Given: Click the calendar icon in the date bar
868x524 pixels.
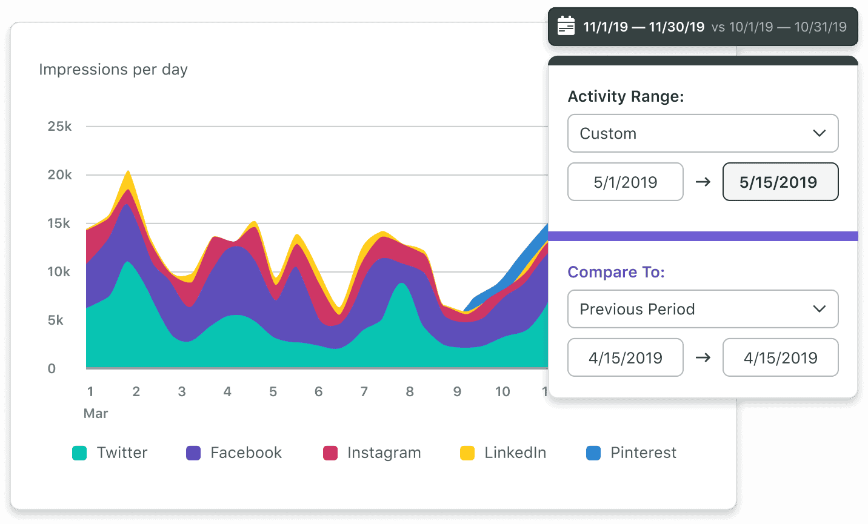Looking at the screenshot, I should (566, 26).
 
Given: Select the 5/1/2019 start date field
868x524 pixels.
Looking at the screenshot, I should (625, 182).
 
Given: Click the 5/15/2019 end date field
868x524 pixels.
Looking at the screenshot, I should (780, 182).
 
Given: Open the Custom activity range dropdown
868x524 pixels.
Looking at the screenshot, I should (703, 133).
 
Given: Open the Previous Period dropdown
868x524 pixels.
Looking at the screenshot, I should (703, 309).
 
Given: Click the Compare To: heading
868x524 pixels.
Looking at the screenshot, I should (616, 272).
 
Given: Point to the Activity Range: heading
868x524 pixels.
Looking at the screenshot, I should (626, 96).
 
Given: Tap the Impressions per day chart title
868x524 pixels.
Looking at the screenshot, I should (113, 70).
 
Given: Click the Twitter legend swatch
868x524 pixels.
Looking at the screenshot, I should (79, 453).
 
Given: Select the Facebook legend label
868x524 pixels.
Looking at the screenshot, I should (245, 453).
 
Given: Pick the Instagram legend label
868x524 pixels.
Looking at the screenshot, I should (384, 453).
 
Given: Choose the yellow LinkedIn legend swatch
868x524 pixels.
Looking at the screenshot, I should (467, 453).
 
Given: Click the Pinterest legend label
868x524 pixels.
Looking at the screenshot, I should (643, 453).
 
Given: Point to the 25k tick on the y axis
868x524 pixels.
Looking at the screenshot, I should (59, 127).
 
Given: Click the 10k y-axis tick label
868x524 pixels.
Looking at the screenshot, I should (59, 272).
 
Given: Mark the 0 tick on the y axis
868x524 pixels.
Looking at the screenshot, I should (52, 369).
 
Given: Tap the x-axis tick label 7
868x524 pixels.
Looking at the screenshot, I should (364, 392).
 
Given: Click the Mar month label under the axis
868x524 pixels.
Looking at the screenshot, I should (96, 414).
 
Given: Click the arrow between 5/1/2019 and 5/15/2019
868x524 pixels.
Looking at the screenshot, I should (703, 182).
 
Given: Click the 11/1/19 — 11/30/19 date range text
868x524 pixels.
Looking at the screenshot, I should (644, 27).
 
